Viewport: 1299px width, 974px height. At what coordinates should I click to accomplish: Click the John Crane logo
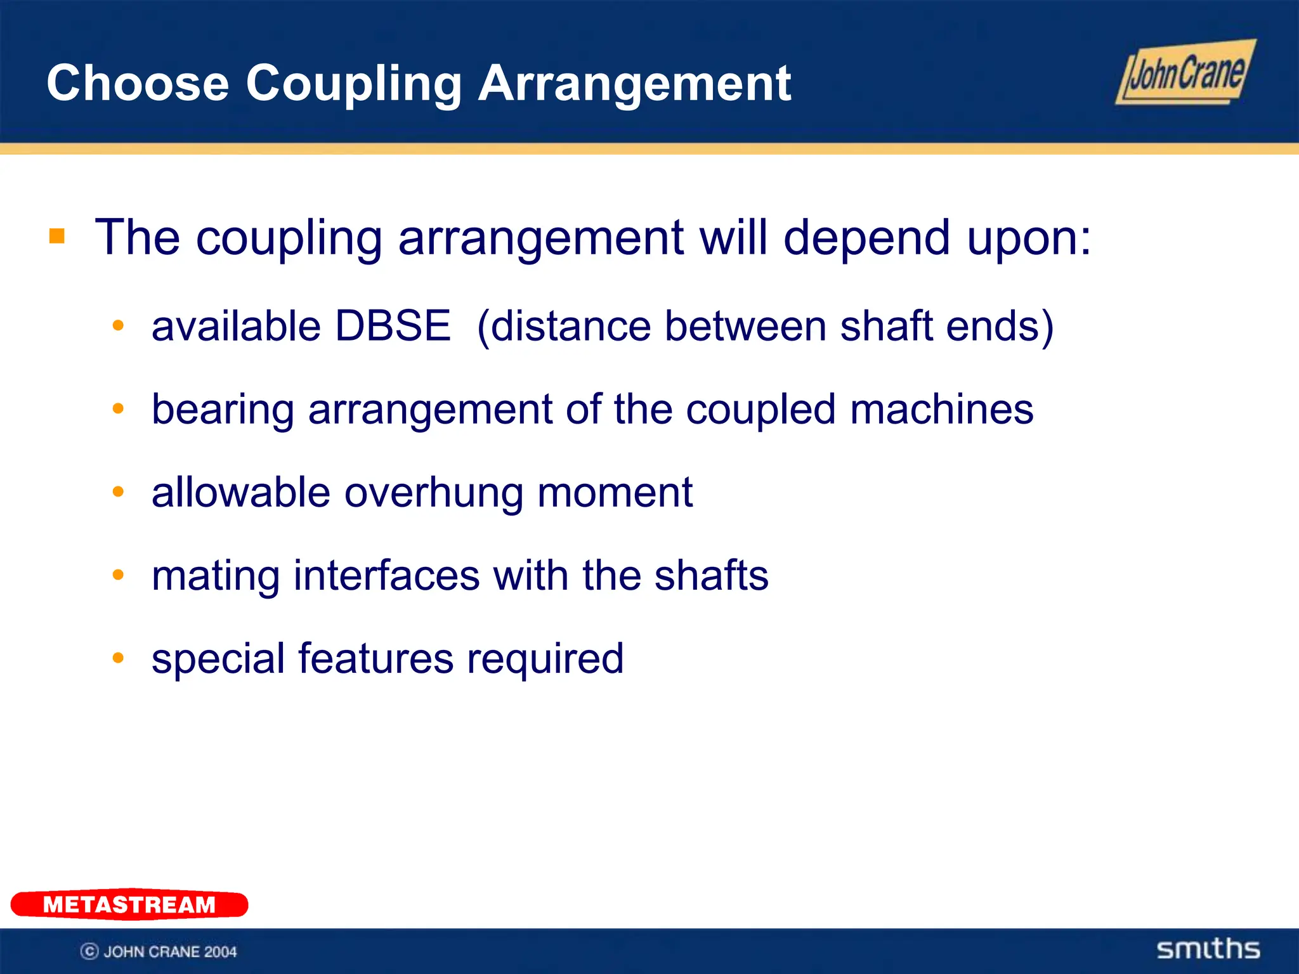coord(1185,73)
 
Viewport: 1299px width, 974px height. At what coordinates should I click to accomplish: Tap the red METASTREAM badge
coord(129,904)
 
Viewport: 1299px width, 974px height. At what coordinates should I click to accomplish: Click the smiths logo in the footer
coord(1208,949)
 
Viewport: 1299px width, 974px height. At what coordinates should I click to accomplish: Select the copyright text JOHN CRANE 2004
coord(159,951)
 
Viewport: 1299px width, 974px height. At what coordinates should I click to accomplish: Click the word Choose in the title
coord(138,83)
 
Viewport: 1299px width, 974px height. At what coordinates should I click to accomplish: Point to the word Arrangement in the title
coord(634,83)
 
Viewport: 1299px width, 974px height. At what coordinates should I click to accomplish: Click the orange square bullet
coord(57,237)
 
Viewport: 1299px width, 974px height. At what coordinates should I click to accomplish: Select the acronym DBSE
coord(393,326)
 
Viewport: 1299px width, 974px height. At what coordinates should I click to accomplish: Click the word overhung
coord(434,493)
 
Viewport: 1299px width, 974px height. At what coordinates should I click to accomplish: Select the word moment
coord(615,493)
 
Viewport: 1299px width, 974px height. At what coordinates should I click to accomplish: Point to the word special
coord(218,659)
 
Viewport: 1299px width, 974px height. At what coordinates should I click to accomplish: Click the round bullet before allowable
coord(118,491)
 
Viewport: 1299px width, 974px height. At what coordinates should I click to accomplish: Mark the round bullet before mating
coord(118,575)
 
